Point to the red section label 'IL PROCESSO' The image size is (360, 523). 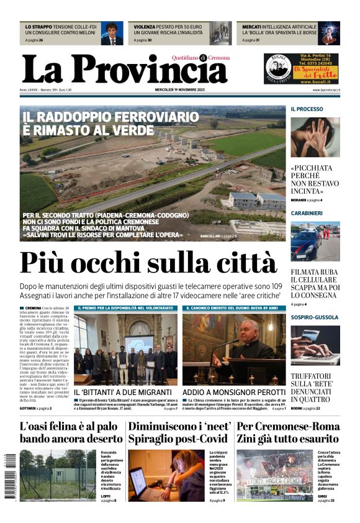[x=307, y=109]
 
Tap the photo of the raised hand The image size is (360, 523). [x=315, y=137]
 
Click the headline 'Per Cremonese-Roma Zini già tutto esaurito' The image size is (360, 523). [x=289, y=432]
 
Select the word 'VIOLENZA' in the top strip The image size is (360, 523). [x=145, y=27]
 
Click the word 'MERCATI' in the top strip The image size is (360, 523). [x=251, y=27]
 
